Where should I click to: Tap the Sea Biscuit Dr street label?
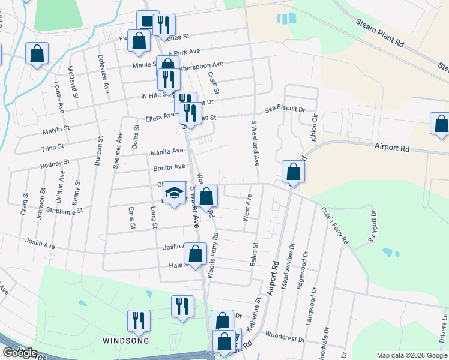click(285, 110)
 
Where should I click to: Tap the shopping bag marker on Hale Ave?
click(195, 254)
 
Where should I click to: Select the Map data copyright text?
click(411, 355)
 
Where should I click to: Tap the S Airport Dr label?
click(372, 227)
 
